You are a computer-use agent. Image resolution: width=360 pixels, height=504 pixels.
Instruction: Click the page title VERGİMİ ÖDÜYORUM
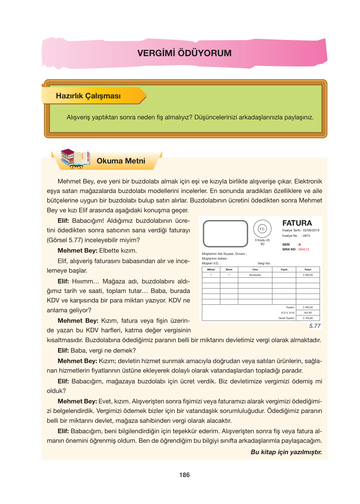[x=184, y=53]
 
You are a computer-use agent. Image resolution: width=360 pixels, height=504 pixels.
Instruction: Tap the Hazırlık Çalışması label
[x=88, y=96]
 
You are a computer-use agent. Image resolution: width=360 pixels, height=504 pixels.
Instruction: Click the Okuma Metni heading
[x=121, y=161]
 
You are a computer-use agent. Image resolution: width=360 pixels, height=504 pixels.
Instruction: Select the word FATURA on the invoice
[x=297, y=223]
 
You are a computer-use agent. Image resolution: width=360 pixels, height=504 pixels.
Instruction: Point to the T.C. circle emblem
[x=262, y=229]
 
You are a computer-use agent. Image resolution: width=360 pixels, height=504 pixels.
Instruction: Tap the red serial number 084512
[x=303, y=249]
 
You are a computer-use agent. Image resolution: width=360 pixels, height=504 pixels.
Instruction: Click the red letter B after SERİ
[x=299, y=245]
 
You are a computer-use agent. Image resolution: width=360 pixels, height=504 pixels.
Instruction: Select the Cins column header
[x=255, y=269]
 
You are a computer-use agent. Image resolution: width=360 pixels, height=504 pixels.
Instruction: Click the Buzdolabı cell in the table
[x=255, y=275]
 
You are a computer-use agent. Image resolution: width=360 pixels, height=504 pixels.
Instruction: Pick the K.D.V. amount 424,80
[x=308, y=313]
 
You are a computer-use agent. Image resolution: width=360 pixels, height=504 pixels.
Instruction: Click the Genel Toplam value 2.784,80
[x=308, y=318]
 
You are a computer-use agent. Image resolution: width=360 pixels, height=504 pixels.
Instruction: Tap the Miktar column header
[x=211, y=269]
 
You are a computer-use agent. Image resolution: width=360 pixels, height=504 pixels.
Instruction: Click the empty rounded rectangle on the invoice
[x=225, y=234]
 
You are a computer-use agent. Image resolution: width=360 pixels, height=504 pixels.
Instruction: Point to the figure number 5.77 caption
[x=315, y=326]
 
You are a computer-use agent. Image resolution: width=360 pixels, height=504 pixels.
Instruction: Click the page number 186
[x=184, y=475]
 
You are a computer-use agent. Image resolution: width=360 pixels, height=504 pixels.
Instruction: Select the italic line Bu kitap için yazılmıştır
[x=286, y=452]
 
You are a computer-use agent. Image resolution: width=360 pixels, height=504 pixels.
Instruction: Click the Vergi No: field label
[x=264, y=263]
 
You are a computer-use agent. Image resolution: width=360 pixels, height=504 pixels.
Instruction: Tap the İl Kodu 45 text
[x=262, y=240]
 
